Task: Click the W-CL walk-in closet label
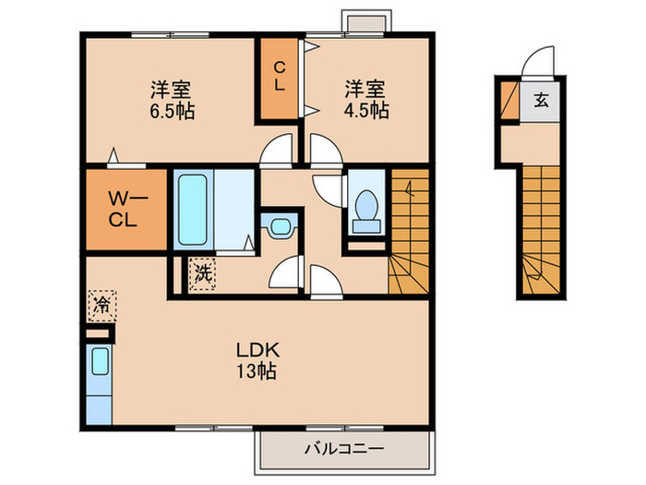point(126,210)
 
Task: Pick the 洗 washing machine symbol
point(201,274)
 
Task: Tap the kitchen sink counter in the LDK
point(100,382)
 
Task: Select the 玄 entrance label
point(542,100)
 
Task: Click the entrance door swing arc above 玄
point(533,65)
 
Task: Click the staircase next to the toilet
point(409,231)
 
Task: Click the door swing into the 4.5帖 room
point(324,151)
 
